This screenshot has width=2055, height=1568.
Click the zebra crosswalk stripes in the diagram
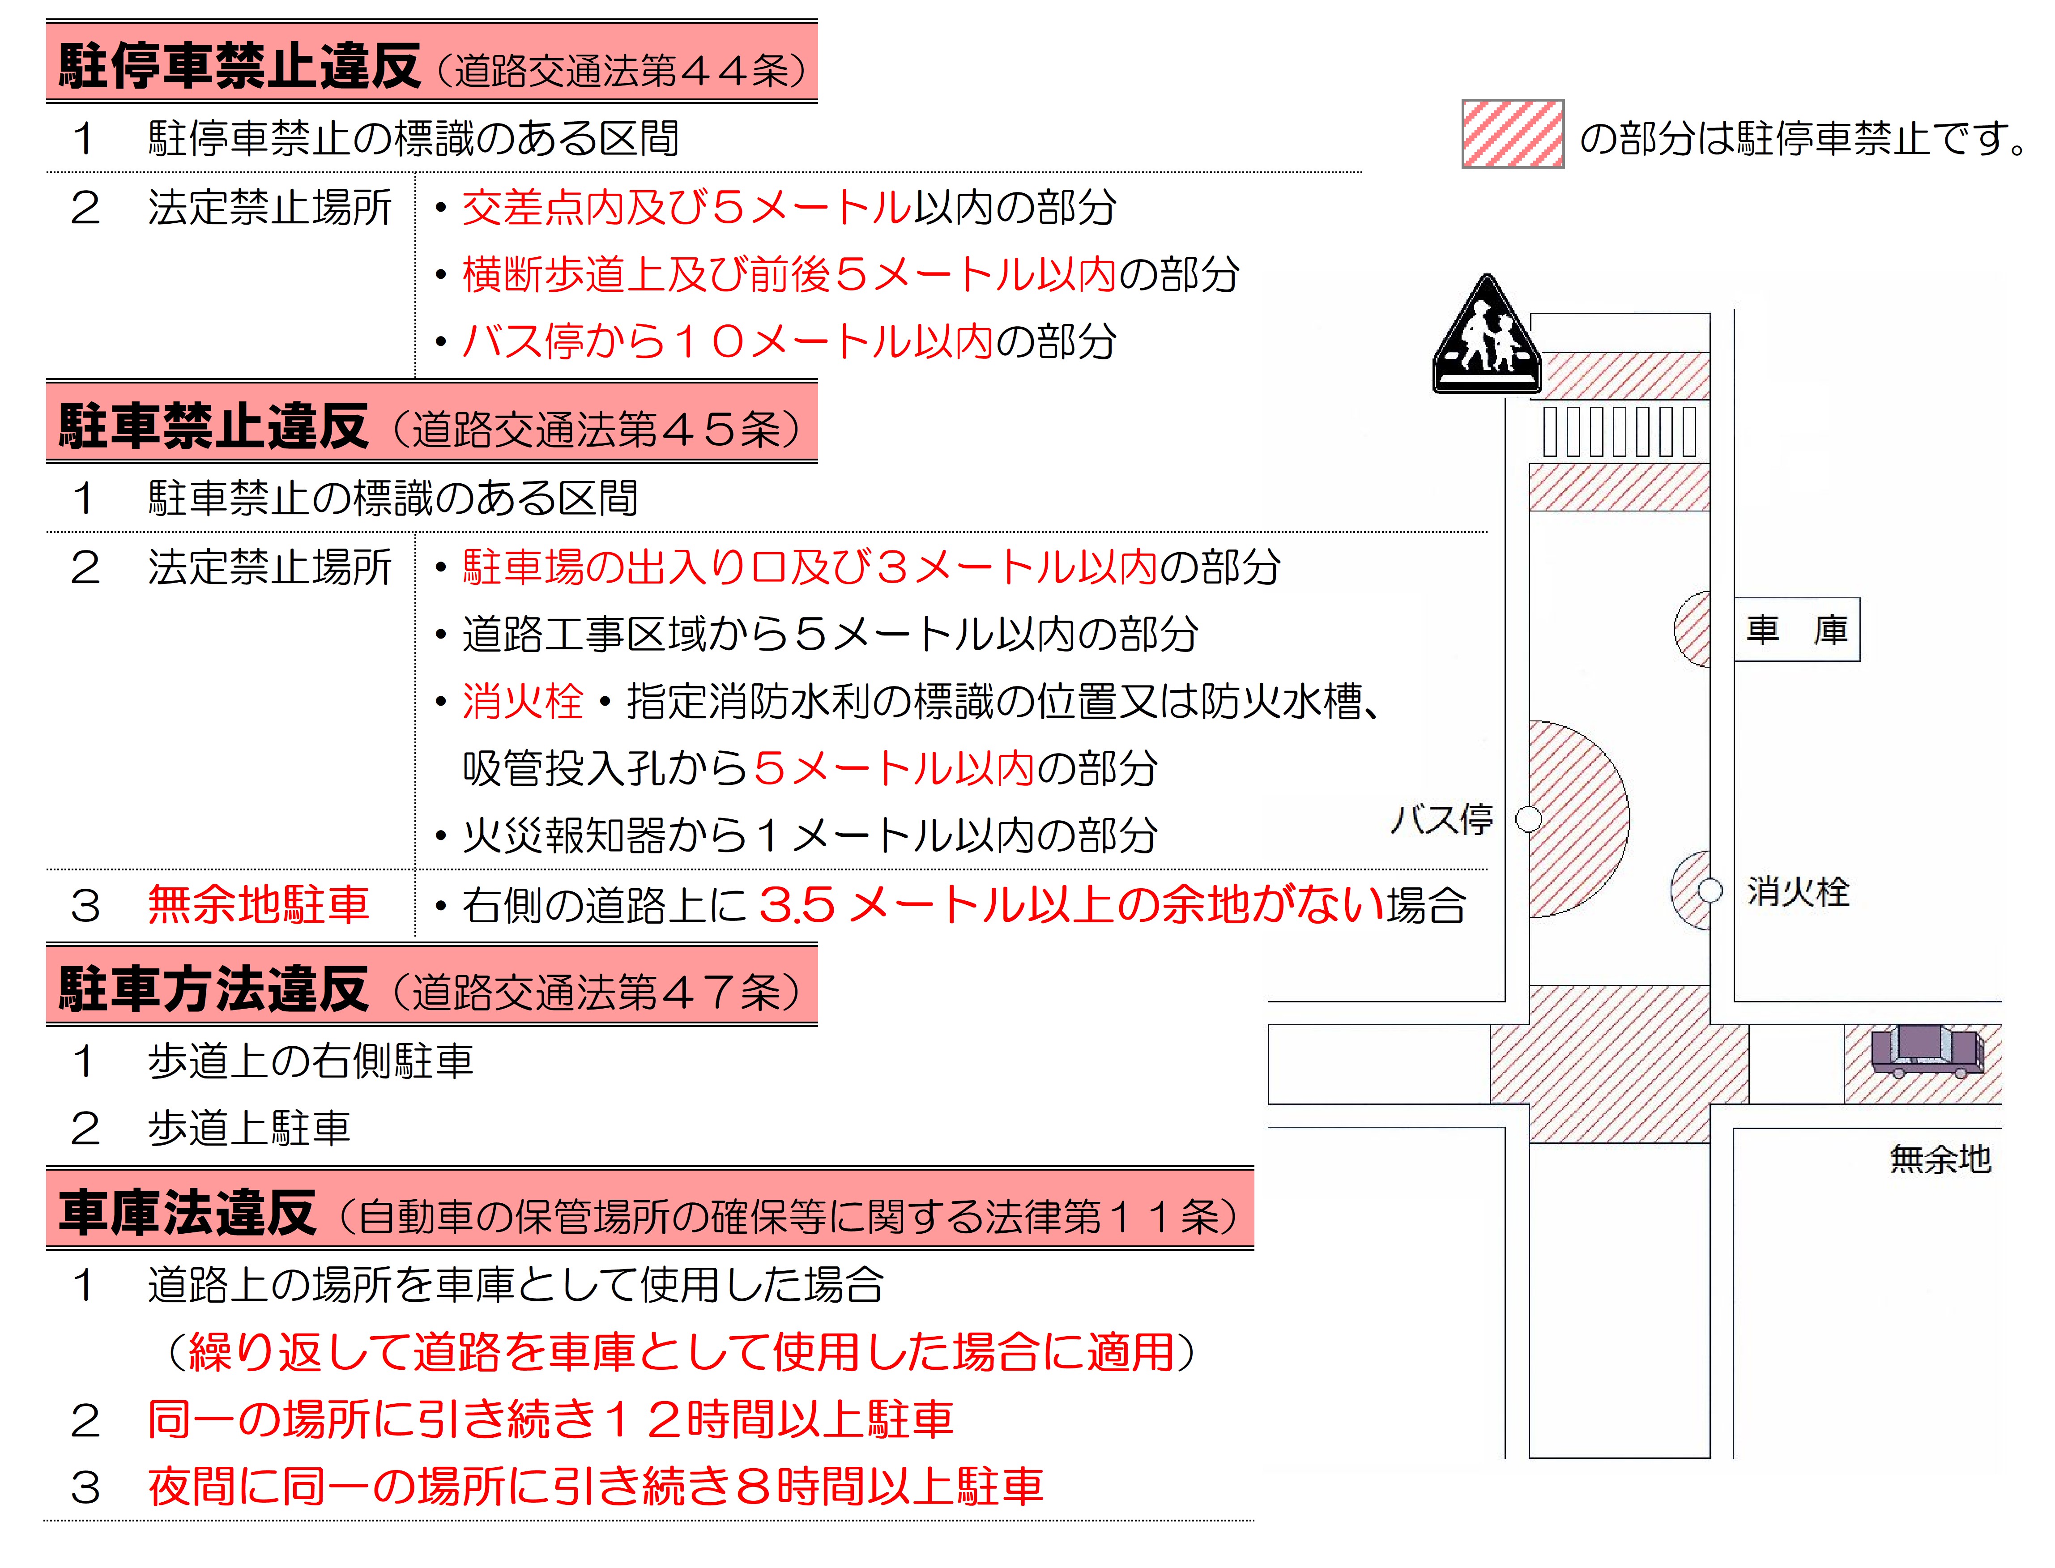click(x=1619, y=431)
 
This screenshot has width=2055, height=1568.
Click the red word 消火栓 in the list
click(x=523, y=701)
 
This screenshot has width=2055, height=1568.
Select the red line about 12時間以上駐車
click(x=550, y=1419)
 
